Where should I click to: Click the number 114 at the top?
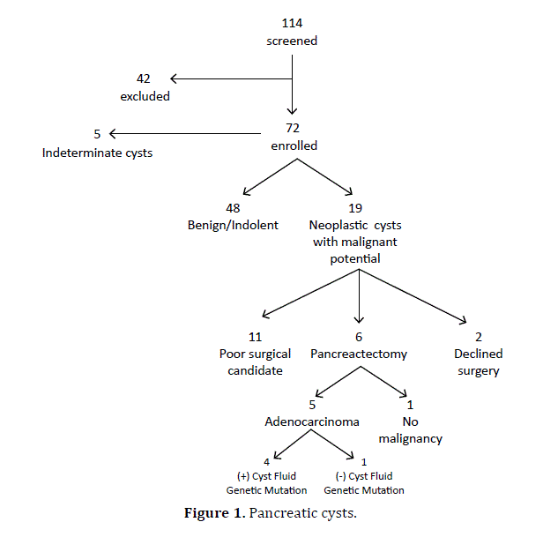pyautogui.click(x=292, y=22)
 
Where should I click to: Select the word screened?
pyautogui.click(x=292, y=41)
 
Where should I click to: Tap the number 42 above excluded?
pyautogui.click(x=145, y=78)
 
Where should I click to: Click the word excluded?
pyautogui.click(x=145, y=96)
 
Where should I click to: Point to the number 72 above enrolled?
pyautogui.click(x=293, y=128)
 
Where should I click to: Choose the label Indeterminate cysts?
pyautogui.click(x=97, y=153)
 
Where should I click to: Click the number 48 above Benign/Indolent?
pyautogui.click(x=233, y=207)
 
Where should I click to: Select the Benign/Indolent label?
pyautogui.click(x=233, y=225)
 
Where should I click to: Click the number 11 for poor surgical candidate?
pyautogui.click(x=256, y=337)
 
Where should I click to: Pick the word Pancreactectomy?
pyautogui.click(x=359, y=354)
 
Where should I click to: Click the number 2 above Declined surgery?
pyautogui.click(x=478, y=337)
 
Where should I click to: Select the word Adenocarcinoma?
pyautogui.click(x=312, y=421)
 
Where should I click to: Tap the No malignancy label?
pyautogui.click(x=410, y=429)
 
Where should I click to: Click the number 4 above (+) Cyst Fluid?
pyautogui.click(x=266, y=461)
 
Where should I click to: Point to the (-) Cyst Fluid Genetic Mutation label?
pyautogui.click(x=364, y=483)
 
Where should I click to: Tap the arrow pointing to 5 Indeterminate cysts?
pyautogui.click(x=185, y=134)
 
